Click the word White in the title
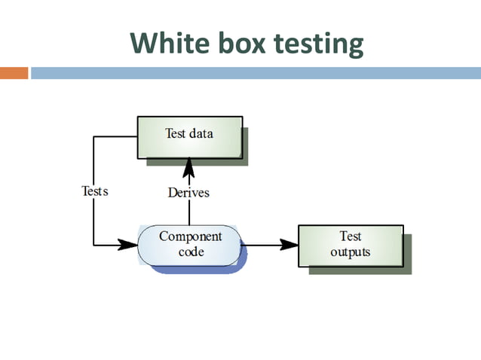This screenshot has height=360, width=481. tap(163, 44)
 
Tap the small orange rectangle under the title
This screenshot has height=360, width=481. tap(14, 73)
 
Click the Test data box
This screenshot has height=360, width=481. tap(189, 136)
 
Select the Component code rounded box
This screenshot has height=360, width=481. tap(189, 245)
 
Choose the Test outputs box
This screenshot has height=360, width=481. tap(350, 245)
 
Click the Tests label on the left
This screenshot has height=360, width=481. tap(94, 191)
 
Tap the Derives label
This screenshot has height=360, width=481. tap(188, 193)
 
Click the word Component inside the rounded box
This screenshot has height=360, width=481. tap(190, 236)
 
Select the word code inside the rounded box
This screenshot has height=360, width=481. tap(190, 252)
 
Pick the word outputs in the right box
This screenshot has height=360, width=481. tap(351, 252)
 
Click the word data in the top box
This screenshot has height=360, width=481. tap(201, 134)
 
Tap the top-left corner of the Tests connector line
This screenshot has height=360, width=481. tap(93, 137)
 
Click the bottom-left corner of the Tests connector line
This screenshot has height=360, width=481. tap(93, 245)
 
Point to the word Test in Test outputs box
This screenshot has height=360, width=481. tap(351, 236)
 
